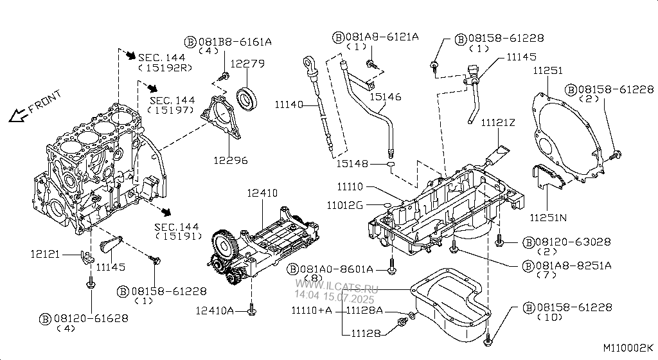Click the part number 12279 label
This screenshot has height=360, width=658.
(x=247, y=64)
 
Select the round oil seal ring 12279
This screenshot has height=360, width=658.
(x=247, y=96)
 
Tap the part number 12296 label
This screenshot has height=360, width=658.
(x=231, y=160)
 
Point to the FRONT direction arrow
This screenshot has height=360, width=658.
(x=19, y=115)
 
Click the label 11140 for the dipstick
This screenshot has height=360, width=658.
(x=289, y=105)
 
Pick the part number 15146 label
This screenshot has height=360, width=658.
(x=386, y=97)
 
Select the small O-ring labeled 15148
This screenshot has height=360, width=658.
(x=390, y=164)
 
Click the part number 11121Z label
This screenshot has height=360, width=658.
(x=498, y=123)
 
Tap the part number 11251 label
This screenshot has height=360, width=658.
(x=547, y=71)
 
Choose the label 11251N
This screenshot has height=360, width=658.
(x=548, y=217)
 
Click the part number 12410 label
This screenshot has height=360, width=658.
(x=262, y=193)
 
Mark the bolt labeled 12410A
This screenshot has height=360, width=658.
(x=252, y=310)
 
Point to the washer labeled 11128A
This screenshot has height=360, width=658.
(x=412, y=315)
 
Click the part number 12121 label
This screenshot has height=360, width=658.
(x=45, y=255)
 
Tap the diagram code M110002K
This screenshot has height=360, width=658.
(x=628, y=348)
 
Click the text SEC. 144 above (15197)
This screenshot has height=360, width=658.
(x=172, y=101)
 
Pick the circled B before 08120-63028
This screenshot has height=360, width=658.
(x=529, y=242)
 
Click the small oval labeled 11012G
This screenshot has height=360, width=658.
(x=387, y=205)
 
